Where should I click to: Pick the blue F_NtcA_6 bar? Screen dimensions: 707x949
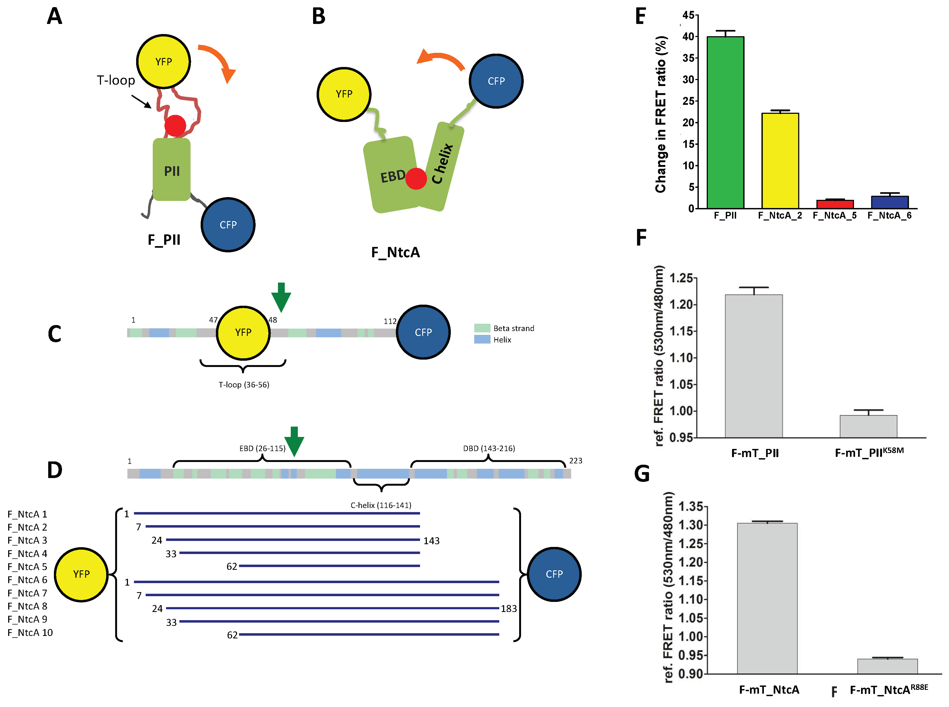pos(890,202)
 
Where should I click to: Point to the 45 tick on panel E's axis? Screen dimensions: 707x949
pos(688,16)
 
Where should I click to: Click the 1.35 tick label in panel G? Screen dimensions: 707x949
pos(690,507)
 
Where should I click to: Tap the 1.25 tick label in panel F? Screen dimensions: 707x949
pos(681,278)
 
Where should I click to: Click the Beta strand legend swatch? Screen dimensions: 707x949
pos(482,328)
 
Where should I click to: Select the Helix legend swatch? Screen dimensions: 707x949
pos(482,339)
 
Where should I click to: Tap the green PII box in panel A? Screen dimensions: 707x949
pos(172,170)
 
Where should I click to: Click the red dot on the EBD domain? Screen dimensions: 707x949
pos(416,179)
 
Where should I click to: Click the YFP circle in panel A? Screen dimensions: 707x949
pos(163,62)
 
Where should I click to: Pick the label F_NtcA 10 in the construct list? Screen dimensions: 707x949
pos(30,632)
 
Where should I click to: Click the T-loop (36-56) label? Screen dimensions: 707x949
pos(244,385)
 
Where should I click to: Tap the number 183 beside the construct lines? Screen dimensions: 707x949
pos(509,608)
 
